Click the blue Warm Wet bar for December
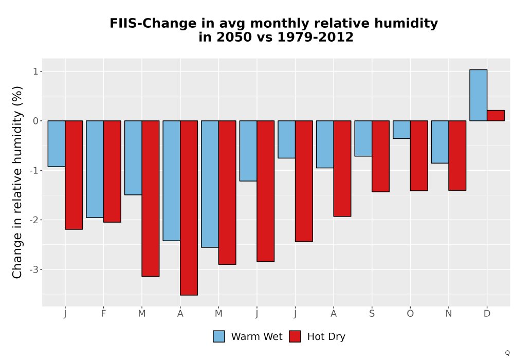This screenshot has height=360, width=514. pos(478,95)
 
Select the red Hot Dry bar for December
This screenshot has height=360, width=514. pos(495,115)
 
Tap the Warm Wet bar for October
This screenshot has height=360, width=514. pos(401,130)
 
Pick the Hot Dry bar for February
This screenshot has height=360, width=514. pos(112,171)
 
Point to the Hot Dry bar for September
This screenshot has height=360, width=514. pos(380,156)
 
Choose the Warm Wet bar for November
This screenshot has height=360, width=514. pos(440,141)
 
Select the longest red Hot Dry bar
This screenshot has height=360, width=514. pos(189,208)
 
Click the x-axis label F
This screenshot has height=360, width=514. pos(103,314)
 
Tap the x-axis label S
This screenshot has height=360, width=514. pos(372,314)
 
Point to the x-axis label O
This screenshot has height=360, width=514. pos(410,314)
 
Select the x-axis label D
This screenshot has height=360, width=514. pos(487,314)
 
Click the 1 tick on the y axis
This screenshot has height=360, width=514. pos(36,71)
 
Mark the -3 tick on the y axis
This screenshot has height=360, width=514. pos(34,269)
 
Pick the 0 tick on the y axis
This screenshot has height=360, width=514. pos(36,121)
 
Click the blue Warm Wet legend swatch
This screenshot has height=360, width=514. pos(219,336)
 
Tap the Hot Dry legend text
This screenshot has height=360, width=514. pos(326,337)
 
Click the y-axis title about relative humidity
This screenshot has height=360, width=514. pos(17,182)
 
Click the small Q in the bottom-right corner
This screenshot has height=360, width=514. pos(507,353)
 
